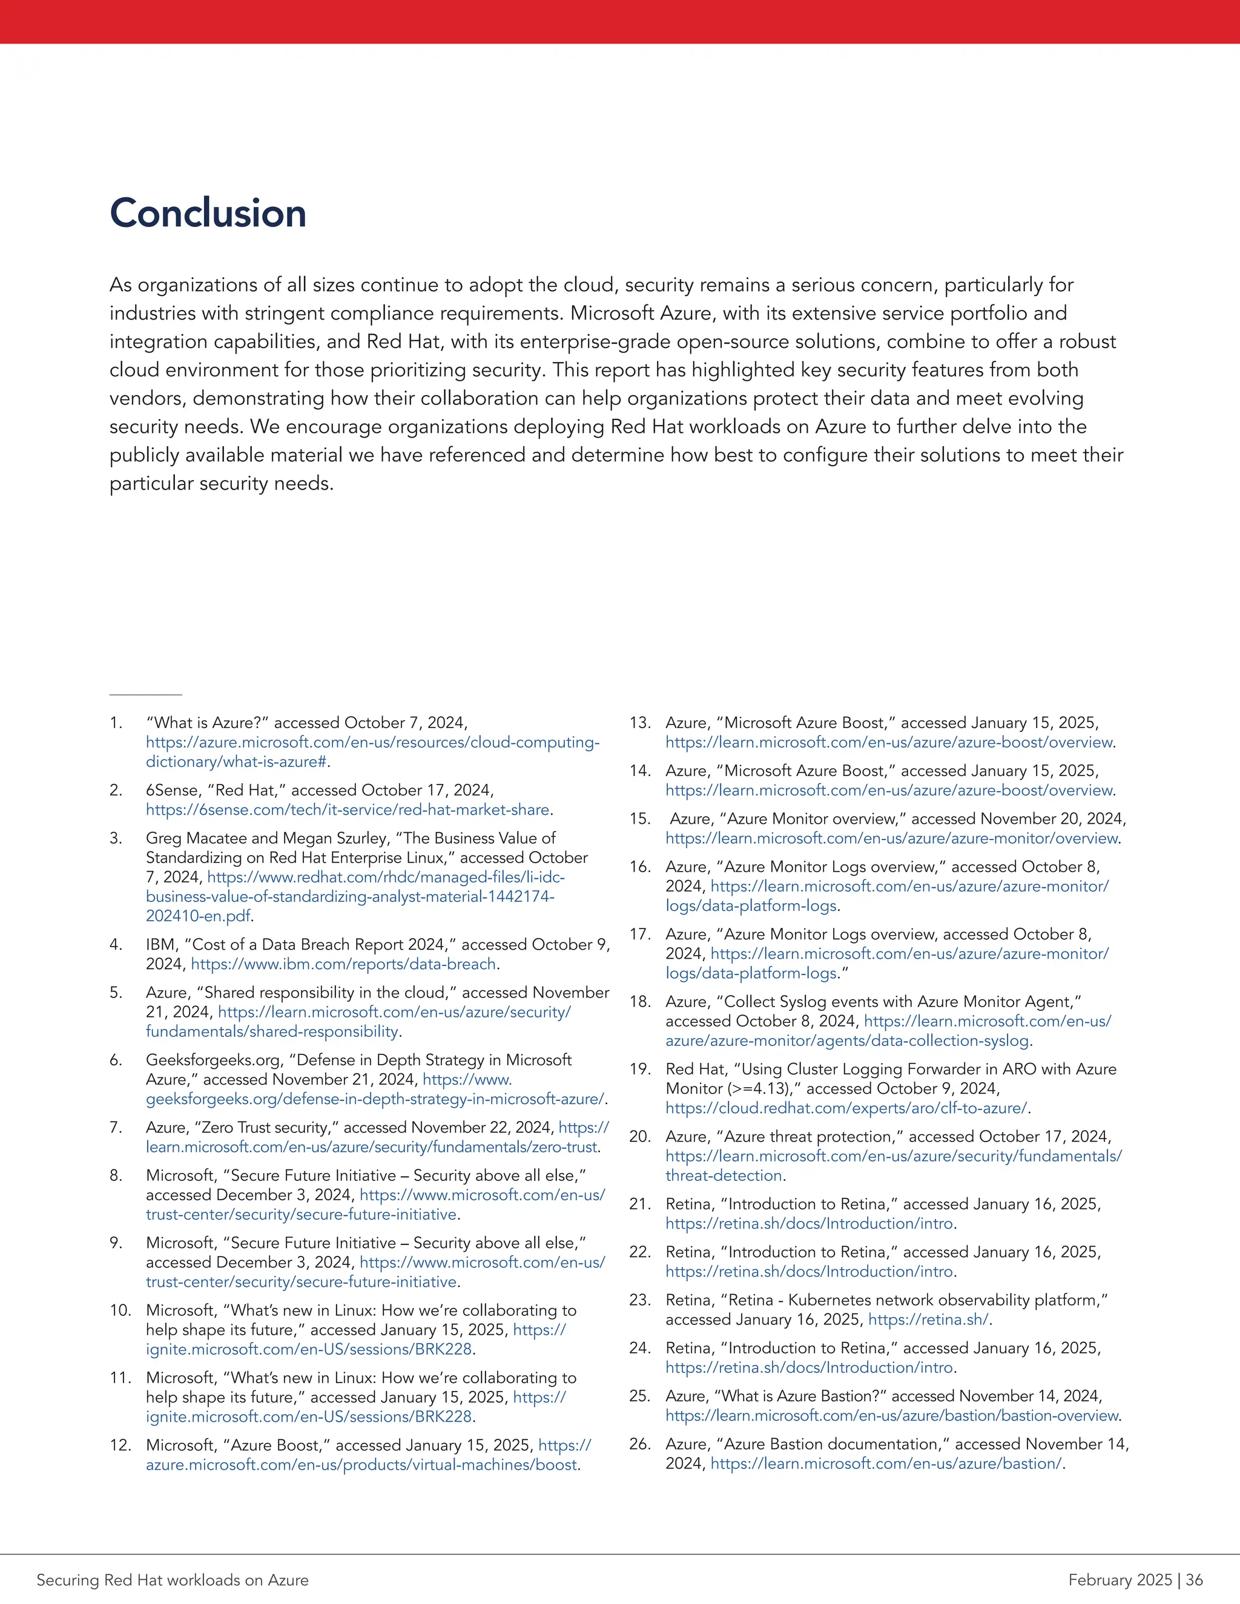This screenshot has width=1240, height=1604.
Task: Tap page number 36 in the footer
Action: point(1195,1580)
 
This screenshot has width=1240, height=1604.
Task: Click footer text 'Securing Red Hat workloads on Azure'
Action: point(173,1580)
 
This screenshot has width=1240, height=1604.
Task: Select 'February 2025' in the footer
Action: point(1120,1580)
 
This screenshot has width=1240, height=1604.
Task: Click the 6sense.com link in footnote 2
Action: point(348,809)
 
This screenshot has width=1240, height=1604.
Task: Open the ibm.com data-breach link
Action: point(344,964)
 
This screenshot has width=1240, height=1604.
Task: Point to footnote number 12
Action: point(120,1445)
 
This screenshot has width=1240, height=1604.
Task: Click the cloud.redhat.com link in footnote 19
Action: point(846,1108)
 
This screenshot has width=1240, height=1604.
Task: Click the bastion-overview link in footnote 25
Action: point(892,1415)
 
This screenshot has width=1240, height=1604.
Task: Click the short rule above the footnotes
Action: point(145,694)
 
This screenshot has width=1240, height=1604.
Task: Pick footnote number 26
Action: point(639,1444)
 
